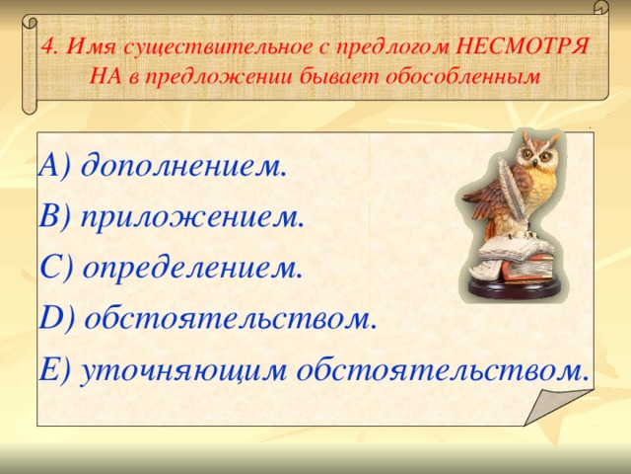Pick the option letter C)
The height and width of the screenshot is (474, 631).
click(56, 268)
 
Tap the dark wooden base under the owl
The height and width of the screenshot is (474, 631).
click(513, 288)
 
